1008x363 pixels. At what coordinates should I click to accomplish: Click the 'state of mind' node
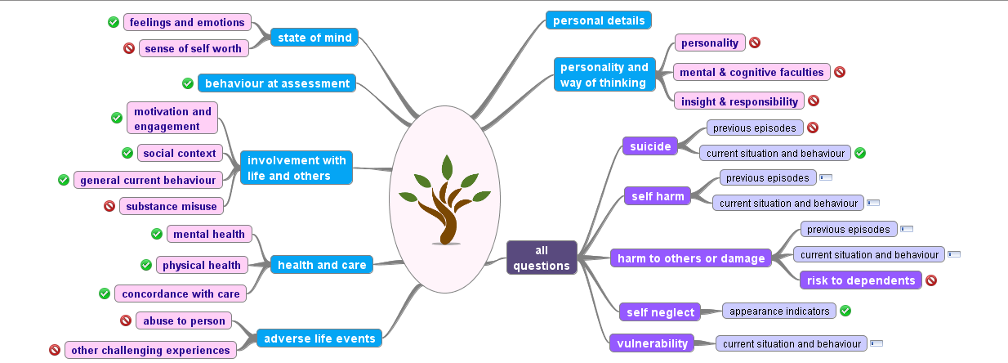314,38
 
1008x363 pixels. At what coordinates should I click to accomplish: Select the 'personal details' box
599,20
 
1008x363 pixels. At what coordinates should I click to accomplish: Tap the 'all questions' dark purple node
542,258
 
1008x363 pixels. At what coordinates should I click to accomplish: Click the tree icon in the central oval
444,199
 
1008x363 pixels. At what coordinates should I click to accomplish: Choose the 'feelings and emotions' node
187,22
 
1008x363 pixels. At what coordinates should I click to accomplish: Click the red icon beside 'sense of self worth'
128,48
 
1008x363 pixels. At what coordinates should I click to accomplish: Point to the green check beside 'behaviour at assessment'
188,83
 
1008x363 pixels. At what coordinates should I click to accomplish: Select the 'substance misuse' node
172,206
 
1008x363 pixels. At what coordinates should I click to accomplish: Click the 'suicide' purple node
650,146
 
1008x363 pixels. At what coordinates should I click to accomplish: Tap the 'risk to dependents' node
861,280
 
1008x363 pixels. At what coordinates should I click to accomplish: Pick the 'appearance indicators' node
779,311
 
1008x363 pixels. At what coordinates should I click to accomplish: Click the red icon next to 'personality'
755,43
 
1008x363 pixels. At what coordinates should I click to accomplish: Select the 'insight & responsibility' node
739,101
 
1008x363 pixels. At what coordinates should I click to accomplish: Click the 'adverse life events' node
319,338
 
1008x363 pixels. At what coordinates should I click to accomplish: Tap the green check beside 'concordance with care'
105,294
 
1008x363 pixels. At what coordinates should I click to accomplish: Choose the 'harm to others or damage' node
691,258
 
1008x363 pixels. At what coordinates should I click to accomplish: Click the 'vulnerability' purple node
652,343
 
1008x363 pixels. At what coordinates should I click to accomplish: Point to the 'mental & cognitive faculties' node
752,72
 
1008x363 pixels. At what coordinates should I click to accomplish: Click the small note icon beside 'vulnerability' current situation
876,343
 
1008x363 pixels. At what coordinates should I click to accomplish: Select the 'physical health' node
202,265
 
